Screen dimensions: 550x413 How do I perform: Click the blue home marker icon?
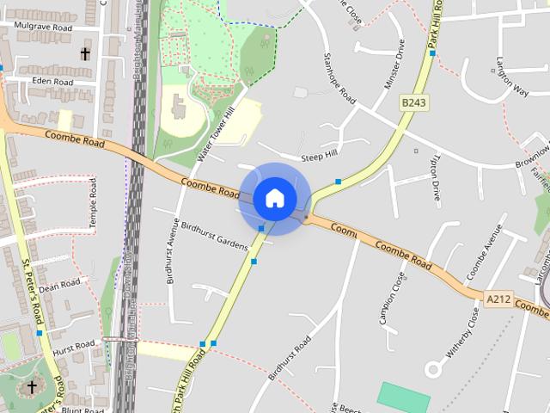pyautogui.click(x=275, y=198)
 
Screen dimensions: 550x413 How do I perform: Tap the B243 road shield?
pyautogui.click(x=414, y=102)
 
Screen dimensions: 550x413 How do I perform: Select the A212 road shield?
pyautogui.click(x=497, y=299)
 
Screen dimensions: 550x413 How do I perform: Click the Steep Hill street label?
pyautogui.click(x=320, y=157)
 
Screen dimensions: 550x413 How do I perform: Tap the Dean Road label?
pyautogui.click(x=59, y=285)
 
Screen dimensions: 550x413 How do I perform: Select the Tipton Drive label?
pyautogui.click(x=436, y=177)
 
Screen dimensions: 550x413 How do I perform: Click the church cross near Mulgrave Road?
pyautogui.click(x=85, y=53)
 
